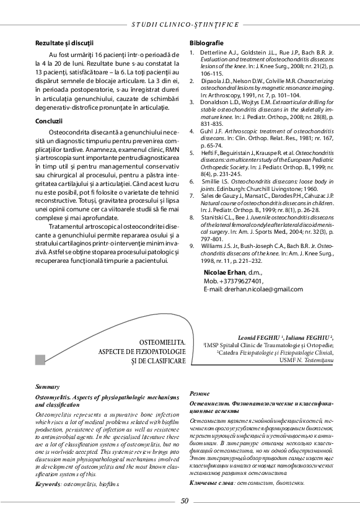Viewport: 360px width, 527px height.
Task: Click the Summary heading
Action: point(48,386)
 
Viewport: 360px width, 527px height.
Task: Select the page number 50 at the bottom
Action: point(184,502)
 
